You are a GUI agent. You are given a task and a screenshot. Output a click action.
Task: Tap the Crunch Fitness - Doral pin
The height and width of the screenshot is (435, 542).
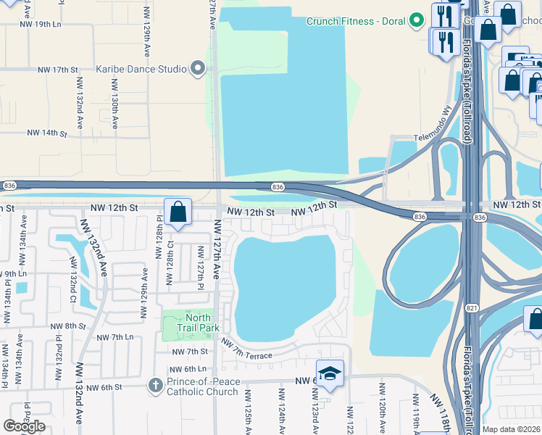[x=416, y=20]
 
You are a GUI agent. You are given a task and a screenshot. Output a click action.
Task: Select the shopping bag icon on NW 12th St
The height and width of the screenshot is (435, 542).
[x=178, y=212]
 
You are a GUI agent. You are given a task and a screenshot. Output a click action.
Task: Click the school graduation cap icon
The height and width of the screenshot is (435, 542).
[x=330, y=373]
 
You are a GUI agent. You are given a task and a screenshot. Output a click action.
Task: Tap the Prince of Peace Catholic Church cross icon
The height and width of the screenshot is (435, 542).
[x=154, y=385]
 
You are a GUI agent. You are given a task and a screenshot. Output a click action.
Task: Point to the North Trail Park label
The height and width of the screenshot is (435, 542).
[x=198, y=323]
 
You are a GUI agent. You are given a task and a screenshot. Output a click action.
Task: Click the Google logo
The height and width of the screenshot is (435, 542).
[x=24, y=426]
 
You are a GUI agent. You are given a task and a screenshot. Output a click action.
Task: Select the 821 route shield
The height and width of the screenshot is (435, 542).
[x=472, y=308]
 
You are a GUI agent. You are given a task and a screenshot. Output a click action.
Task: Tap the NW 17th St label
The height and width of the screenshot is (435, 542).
[x=59, y=70]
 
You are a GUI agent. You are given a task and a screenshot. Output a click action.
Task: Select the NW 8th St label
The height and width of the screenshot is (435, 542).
[x=70, y=326]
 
